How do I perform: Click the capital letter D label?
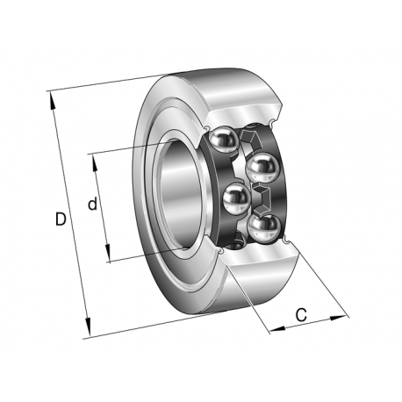click(x=61, y=219)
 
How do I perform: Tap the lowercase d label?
click(x=92, y=204)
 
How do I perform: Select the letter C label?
click(x=301, y=315)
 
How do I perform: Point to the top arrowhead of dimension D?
click(x=52, y=101)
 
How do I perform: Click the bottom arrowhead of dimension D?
click(x=88, y=327)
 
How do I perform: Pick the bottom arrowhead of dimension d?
click(x=107, y=252)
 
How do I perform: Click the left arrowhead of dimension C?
click(x=278, y=329)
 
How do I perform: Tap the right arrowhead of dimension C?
click(x=338, y=318)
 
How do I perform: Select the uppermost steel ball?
click(x=223, y=139)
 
